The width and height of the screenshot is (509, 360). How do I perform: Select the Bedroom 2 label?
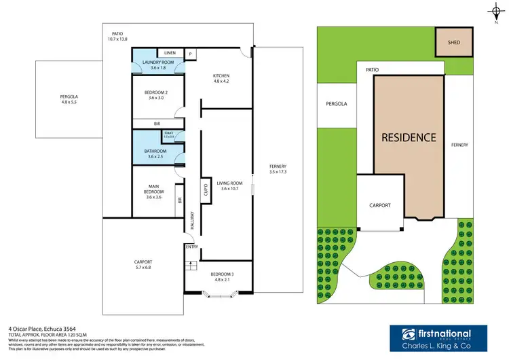(x=157, y=96)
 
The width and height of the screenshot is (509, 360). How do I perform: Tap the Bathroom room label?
(x=157, y=154)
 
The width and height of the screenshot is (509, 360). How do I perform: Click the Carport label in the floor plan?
(x=143, y=264)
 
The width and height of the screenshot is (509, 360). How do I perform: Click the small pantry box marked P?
(x=191, y=53)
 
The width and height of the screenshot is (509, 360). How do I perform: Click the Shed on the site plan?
(x=454, y=42)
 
